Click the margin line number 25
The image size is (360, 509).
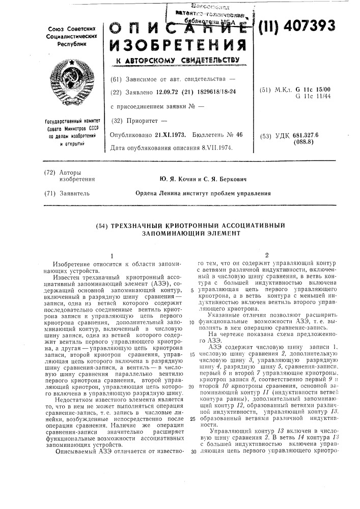[192, 419]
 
